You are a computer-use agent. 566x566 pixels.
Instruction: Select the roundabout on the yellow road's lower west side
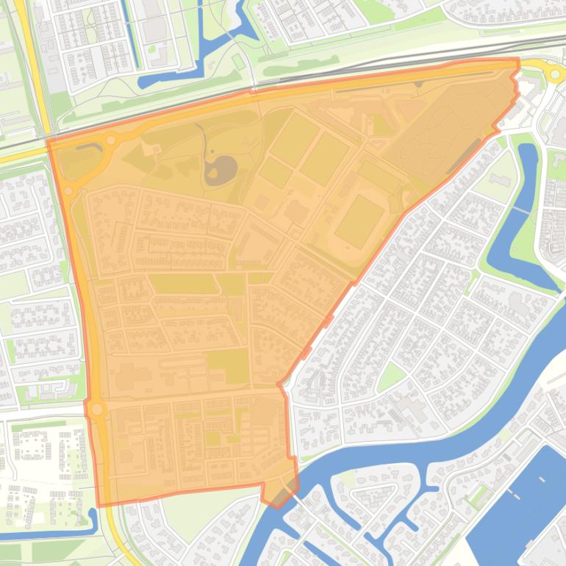(x=96, y=409)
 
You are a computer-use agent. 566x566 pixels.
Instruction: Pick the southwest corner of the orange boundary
(x=98, y=506)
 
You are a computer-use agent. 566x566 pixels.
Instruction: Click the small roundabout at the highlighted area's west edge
(x=68, y=191)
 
